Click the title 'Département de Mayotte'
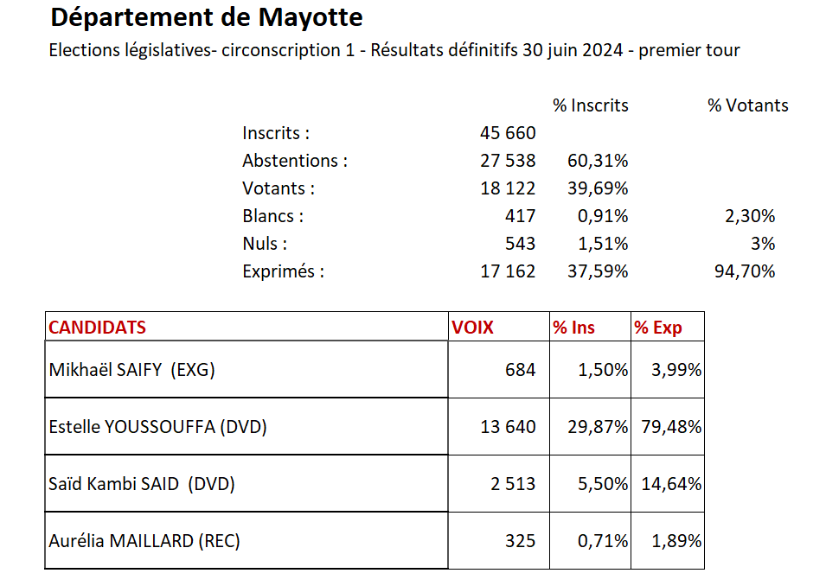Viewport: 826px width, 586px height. tap(207, 17)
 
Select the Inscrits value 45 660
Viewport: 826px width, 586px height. tap(508, 133)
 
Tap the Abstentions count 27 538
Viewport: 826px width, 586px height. tap(508, 161)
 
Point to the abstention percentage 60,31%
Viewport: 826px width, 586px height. tap(598, 161)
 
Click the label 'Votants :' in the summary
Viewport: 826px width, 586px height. tap(279, 188)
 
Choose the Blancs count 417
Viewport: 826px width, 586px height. tap(521, 216)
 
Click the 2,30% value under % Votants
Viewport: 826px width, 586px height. tap(751, 216)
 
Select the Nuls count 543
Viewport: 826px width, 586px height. tap(521, 244)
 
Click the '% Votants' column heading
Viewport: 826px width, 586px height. tap(747, 105)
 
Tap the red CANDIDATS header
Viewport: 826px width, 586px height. tap(98, 328)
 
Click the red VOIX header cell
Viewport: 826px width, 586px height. tap(472, 328)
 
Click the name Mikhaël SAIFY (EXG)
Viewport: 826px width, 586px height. tap(131, 370)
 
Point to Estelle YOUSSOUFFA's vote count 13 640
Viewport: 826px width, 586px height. tap(508, 427)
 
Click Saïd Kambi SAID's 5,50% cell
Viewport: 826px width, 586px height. tap(603, 484)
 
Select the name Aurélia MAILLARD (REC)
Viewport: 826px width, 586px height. tap(144, 541)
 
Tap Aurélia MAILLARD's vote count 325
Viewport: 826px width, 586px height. tap(521, 541)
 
